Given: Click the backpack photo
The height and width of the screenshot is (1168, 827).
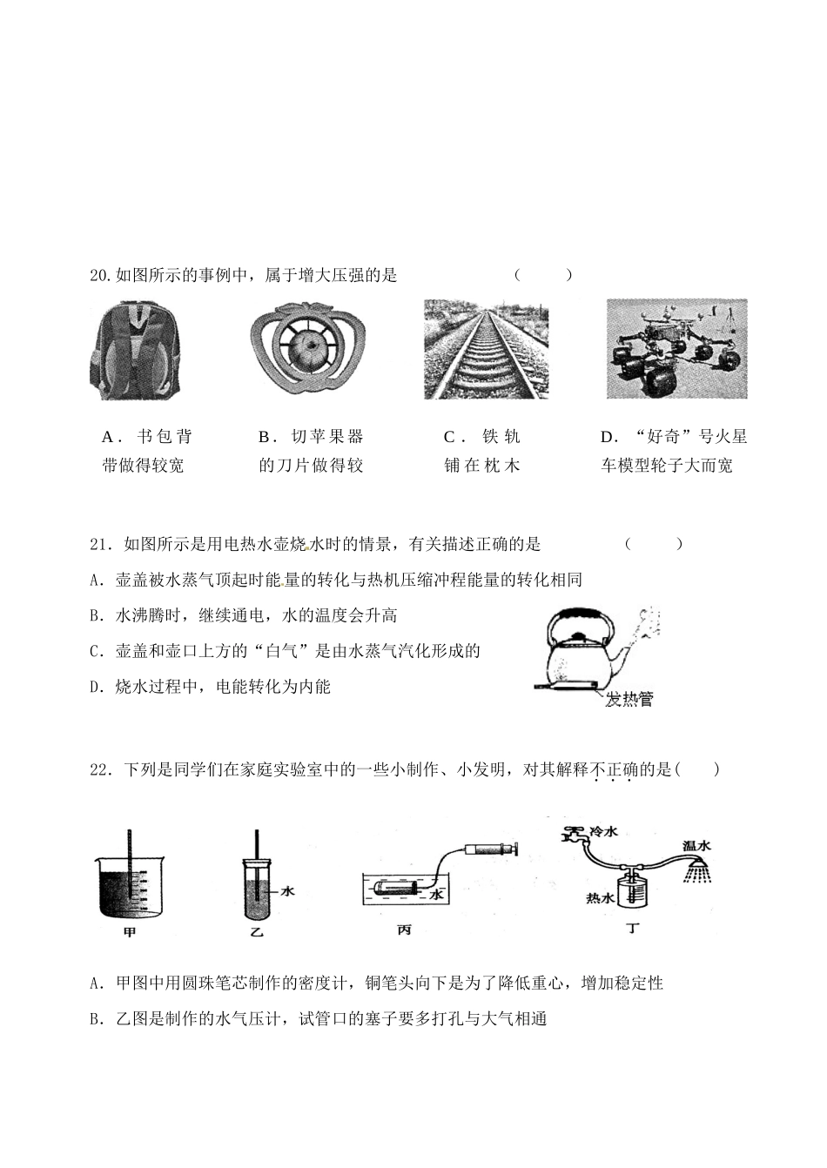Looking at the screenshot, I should click(x=136, y=350).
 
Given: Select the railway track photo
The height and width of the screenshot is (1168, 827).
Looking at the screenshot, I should click(x=486, y=350).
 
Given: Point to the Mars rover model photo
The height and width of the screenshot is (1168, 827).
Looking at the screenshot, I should click(x=676, y=350).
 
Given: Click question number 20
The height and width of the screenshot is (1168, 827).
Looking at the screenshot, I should click(x=101, y=276).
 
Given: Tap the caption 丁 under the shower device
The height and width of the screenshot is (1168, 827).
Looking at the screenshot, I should click(x=633, y=929).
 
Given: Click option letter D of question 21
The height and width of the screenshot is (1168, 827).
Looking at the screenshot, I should click(x=95, y=688).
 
